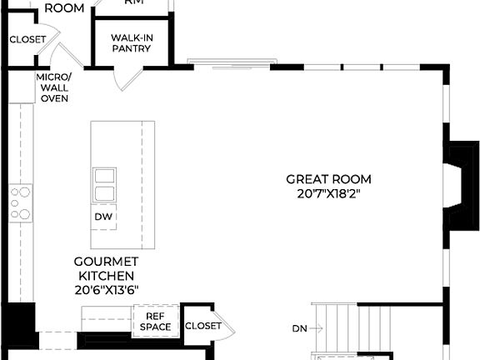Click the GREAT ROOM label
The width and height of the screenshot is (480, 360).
point(328,179)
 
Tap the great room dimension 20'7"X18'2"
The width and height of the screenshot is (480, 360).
point(328,193)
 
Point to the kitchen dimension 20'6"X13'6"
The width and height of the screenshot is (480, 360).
point(106,290)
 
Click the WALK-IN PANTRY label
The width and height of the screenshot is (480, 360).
point(132,43)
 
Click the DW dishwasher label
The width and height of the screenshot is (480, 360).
point(103,217)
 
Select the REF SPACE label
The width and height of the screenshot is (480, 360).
point(156,322)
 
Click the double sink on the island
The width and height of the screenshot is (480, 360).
point(104,184)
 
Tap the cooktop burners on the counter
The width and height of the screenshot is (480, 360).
point(20,203)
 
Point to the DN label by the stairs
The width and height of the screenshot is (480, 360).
point(299,327)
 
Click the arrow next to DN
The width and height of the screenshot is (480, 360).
point(317,327)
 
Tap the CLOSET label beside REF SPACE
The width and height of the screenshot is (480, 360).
point(202,326)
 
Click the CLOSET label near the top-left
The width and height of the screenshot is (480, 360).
point(27,39)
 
